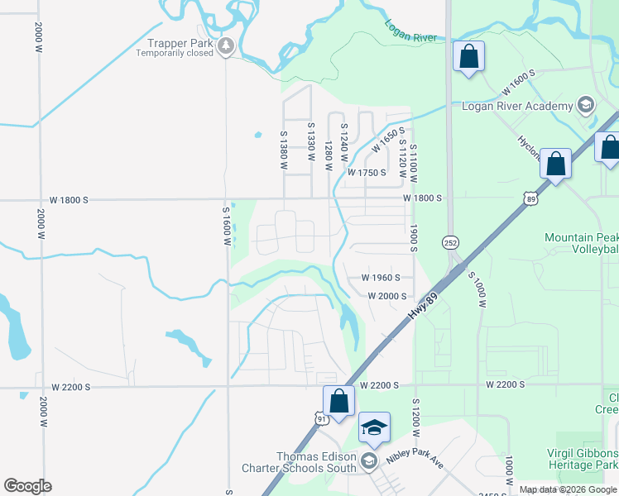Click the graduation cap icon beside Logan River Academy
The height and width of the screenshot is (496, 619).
pos(586,105)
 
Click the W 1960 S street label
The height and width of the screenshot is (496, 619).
pos(381,278)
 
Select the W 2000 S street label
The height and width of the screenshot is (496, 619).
pos(387,296)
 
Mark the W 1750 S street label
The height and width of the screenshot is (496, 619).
pos(367,173)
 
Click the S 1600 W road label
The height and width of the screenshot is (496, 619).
pos(224,226)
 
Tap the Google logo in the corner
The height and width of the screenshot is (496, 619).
pos(27,486)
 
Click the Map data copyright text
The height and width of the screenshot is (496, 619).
pos(568,489)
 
